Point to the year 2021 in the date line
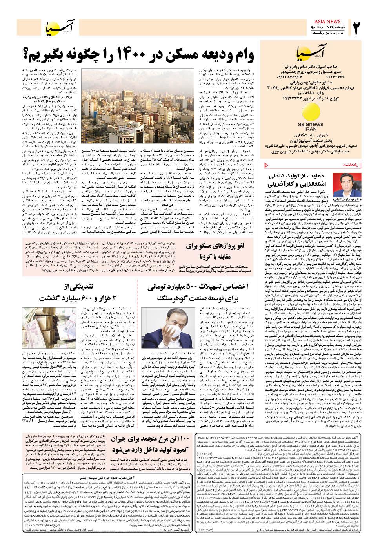pos(340,33)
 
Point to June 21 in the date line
pos(328,33)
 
